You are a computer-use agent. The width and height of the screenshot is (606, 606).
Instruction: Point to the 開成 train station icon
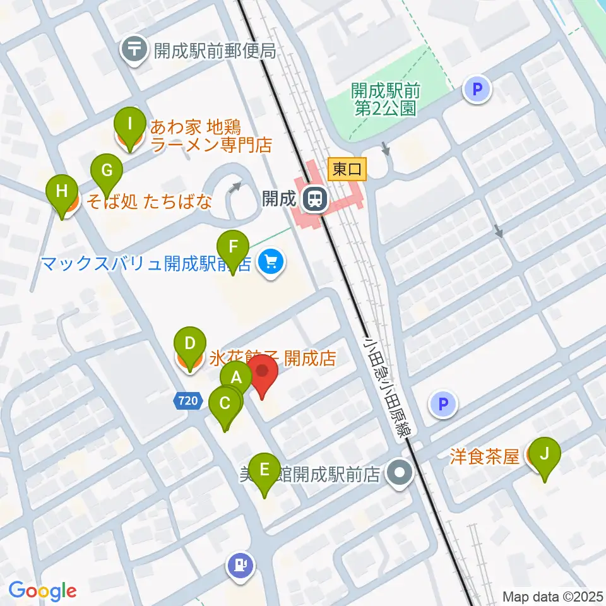tap(313, 199)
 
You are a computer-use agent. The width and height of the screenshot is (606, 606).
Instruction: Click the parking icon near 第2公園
tap(477, 90)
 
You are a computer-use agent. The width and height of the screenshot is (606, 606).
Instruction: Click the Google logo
tap(42, 591)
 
